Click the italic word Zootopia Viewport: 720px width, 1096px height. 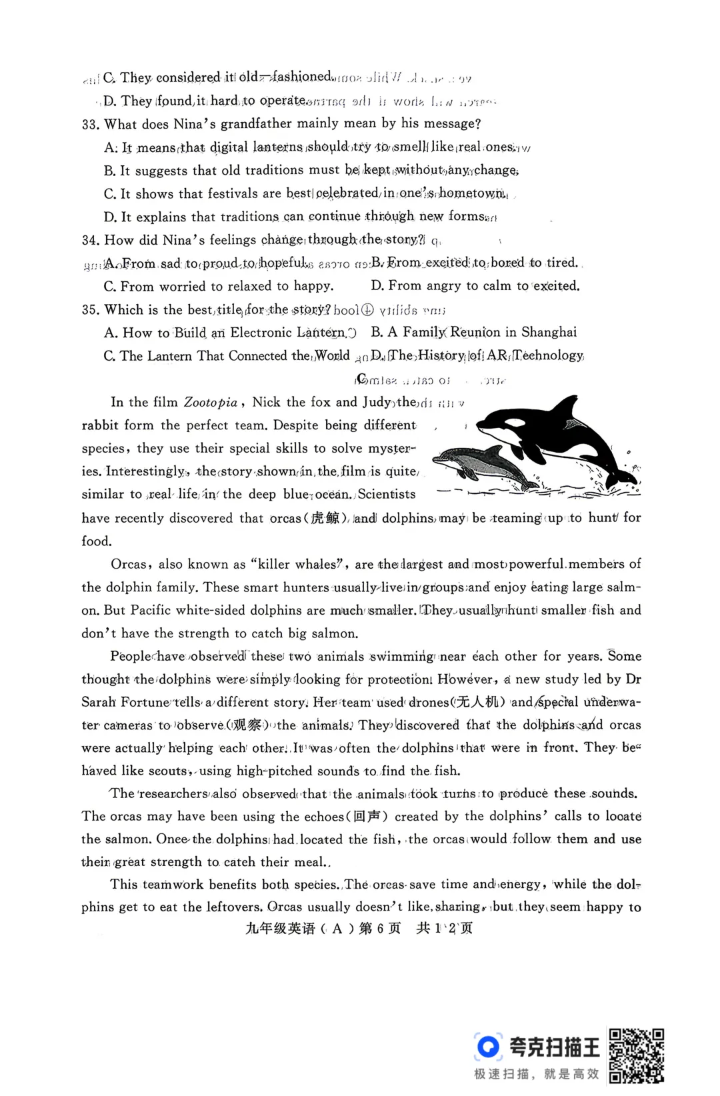(211, 402)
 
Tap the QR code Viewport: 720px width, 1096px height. (637, 1055)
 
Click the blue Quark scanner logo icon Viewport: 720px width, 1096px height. (489, 1046)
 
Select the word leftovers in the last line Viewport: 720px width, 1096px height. (232, 907)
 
